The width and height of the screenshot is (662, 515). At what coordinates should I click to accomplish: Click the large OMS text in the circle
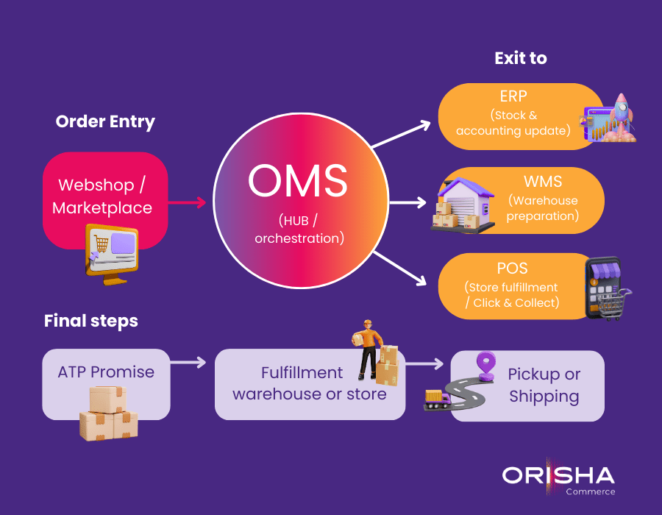pos(297,180)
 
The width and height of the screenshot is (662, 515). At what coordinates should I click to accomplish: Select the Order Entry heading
pos(105,121)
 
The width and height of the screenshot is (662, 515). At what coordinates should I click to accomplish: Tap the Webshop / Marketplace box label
pos(105,196)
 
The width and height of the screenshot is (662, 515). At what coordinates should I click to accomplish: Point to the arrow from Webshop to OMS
pos(188,202)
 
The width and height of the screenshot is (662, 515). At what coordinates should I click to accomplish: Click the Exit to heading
pos(520,58)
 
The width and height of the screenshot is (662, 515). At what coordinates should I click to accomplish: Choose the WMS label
pos(543,181)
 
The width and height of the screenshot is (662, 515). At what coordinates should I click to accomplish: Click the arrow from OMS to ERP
pos(401,135)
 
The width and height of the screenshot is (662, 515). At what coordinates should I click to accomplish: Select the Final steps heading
pos(90,321)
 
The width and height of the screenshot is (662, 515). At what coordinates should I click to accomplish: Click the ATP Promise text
pos(106,372)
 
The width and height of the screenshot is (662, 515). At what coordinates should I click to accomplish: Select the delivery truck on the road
pos(436,399)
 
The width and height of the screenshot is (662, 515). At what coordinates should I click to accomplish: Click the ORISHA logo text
pos(558,475)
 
